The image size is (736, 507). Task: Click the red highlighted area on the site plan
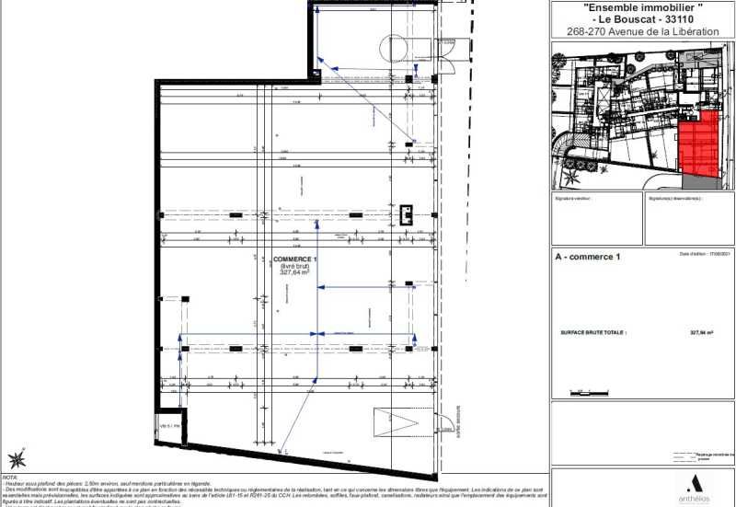pyautogui.click(x=696, y=146)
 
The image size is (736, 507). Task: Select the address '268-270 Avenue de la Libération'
pyautogui.click(x=643, y=31)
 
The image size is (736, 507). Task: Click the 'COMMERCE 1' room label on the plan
pyautogui.click(x=295, y=259)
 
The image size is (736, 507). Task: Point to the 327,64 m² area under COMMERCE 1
pyautogui.click(x=295, y=272)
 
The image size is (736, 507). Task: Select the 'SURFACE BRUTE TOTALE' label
pyautogui.click(x=593, y=334)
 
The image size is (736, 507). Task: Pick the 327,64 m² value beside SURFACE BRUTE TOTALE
pyautogui.click(x=702, y=334)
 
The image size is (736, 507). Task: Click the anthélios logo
pyautogui.click(x=694, y=487)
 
